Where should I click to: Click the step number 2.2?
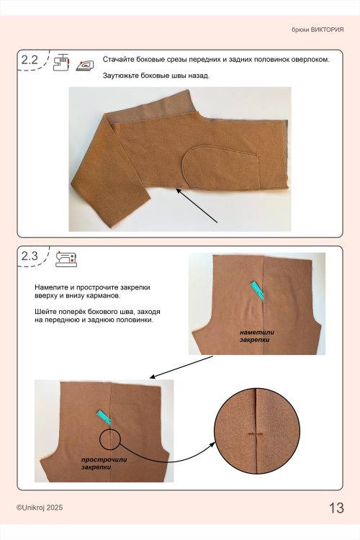(x=30, y=60)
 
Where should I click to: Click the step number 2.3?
(x=30, y=256)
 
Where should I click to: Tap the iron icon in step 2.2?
(x=85, y=65)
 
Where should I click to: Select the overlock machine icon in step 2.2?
(x=61, y=62)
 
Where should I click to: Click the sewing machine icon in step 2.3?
(x=66, y=258)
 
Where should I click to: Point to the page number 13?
(x=336, y=508)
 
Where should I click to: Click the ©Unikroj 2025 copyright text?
(x=40, y=508)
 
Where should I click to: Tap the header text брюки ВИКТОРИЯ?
(x=318, y=30)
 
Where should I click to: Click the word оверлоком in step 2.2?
(x=310, y=59)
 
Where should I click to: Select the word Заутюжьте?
(x=118, y=76)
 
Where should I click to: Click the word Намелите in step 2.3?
(x=49, y=287)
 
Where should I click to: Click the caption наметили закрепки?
(x=257, y=336)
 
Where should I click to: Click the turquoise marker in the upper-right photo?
(x=257, y=291)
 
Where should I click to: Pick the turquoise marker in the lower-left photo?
(x=104, y=418)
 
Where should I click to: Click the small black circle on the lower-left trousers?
(x=109, y=438)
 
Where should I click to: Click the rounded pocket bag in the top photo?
(x=220, y=167)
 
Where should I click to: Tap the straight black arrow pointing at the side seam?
(x=197, y=206)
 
